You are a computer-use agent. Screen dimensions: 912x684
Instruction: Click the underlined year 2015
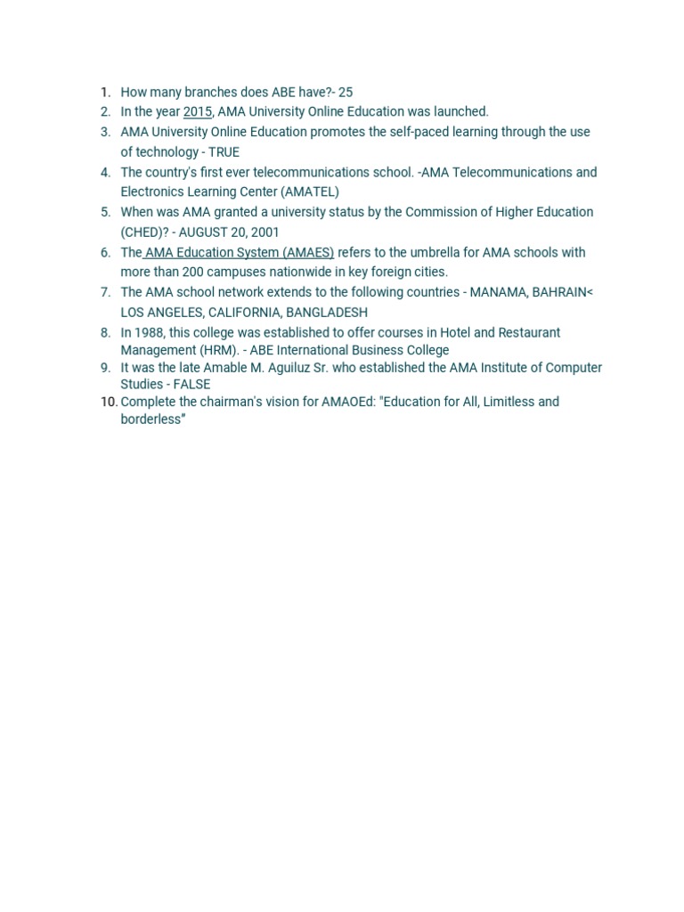point(198,111)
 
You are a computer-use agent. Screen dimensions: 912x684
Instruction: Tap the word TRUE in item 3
point(224,152)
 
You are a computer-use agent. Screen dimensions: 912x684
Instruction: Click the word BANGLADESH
point(326,313)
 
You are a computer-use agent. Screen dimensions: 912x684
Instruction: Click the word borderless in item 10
point(151,419)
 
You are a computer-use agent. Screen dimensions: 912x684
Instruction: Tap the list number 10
point(108,402)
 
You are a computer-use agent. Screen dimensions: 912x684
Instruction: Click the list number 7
point(105,292)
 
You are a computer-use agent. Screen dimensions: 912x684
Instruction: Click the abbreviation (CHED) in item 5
point(142,232)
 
